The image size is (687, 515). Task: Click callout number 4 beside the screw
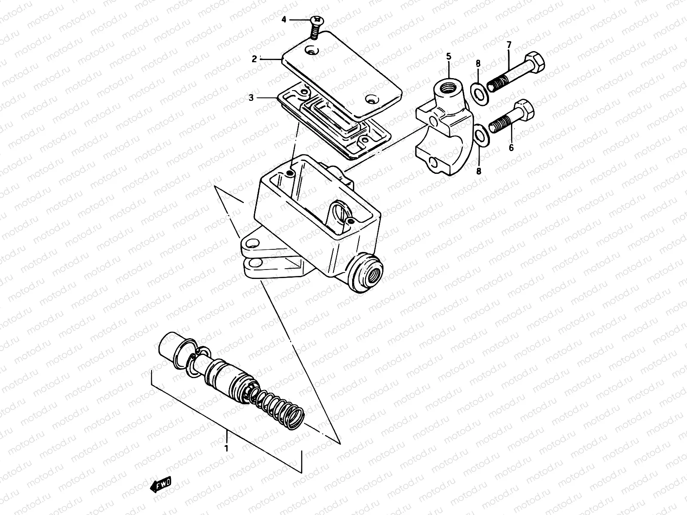click(284, 19)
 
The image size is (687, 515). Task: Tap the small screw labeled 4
click(315, 26)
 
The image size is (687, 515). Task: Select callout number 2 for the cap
click(254, 59)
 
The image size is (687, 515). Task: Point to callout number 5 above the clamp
click(449, 56)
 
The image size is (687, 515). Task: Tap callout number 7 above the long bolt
click(509, 45)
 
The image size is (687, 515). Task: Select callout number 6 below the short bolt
click(511, 148)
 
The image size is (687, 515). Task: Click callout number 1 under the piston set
click(227, 449)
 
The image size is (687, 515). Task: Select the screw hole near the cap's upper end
click(311, 51)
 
